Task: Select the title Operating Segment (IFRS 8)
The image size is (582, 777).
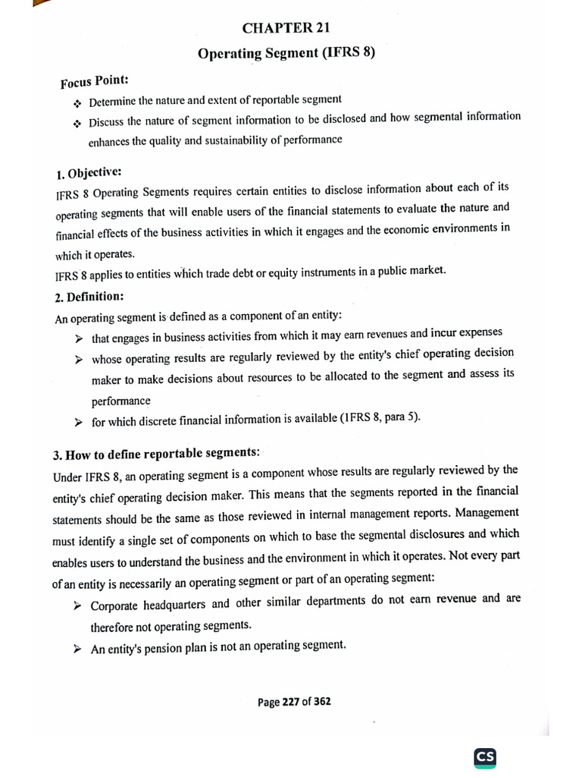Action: [x=286, y=54]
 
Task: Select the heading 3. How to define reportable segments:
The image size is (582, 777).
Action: [x=156, y=455]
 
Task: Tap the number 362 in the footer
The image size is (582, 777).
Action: [x=321, y=702]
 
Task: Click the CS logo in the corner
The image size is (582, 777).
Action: [x=485, y=757]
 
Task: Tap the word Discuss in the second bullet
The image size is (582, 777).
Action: [x=107, y=121]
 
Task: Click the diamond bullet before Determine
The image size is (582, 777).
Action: [x=77, y=102]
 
